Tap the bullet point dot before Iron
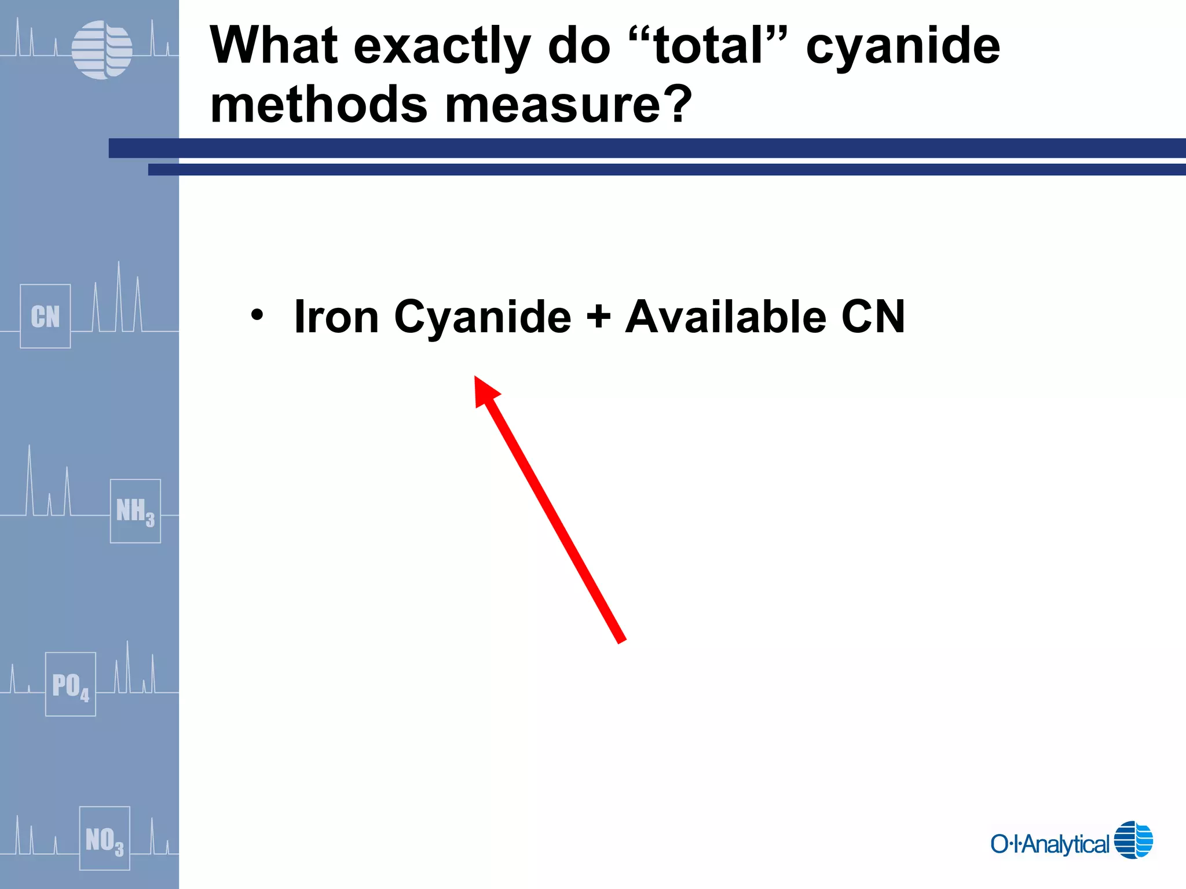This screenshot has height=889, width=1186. pyautogui.click(x=257, y=315)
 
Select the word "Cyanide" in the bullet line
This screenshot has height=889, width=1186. pyautogui.click(x=482, y=318)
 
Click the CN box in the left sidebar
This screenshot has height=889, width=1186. pyautogui.click(x=45, y=316)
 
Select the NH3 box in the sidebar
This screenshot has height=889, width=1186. pyautogui.click(x=135, y=511)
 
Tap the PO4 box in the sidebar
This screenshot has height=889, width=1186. pyautogui.click(x=71, y=684)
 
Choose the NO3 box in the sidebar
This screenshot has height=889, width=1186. pyautogui.click(x=104, y=838)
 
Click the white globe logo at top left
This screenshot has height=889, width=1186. pyautogui.click(x=102, y=50)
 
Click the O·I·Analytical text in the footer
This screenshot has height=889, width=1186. pyautogui.click(x=1049, y=844)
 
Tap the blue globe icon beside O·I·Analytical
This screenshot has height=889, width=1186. pyautogui.click(x=1133, y=839)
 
